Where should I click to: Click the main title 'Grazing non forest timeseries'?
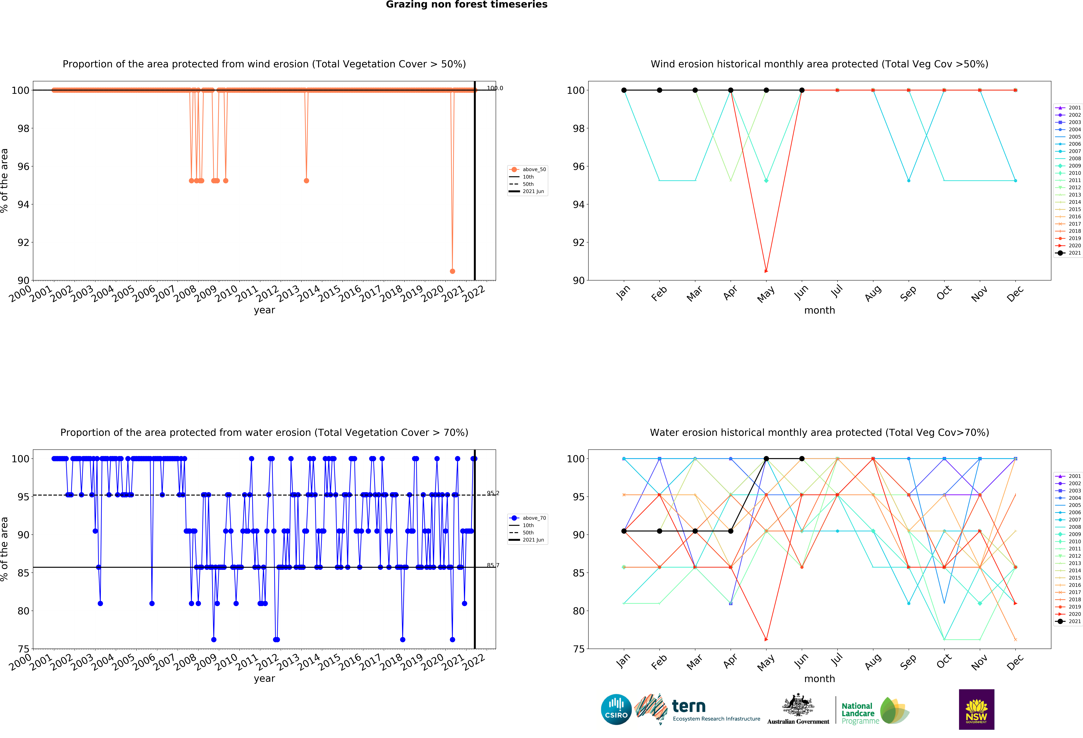[x=466, y=5]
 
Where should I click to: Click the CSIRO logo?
[x=616, y=710]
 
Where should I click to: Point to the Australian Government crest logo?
[x=798, y=710]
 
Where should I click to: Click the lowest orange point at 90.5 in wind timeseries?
[x=452, y=271]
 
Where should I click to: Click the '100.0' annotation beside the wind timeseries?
[x=495, y=88]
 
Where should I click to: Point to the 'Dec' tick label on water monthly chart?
[x=1015, y=662]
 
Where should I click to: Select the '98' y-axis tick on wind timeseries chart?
[x=23, y=129]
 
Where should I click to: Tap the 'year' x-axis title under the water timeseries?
[x=264, y=678]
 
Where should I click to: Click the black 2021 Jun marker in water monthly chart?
[x=802, y=459]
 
